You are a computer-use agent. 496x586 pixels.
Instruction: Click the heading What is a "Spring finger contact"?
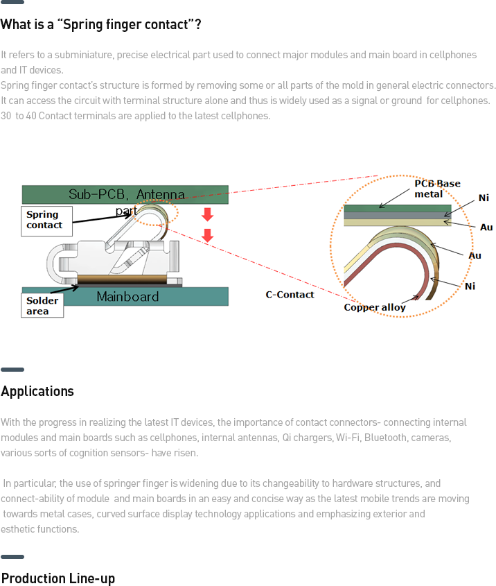click(x=101, y=25)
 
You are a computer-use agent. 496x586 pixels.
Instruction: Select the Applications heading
click(x=37, y=391)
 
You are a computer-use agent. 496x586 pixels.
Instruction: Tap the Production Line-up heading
click(x=58, y=578)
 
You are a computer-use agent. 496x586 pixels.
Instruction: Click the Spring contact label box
click(x=46, y=221)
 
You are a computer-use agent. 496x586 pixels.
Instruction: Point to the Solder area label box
click(x=42, y=306)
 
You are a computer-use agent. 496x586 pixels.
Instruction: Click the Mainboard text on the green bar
click(x=127, y=297)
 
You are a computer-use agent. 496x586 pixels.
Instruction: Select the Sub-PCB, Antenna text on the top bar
click(x=127, y=194)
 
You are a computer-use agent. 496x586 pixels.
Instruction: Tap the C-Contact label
click(x=290, y=295)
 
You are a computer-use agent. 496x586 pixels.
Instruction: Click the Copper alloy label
click(x=375, y=307)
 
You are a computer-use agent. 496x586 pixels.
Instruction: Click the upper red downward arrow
click(x=207, y=214)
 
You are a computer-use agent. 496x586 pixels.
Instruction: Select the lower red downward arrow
click(x=207, y=236)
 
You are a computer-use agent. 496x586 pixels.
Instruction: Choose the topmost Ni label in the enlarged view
click(x=484, y=198)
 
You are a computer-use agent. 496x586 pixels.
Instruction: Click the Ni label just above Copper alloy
click(x=470, y=286)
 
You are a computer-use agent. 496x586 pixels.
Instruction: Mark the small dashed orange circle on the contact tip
click(x=159, y=212)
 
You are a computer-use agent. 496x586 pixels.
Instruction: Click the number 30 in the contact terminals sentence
click(x=6, y=116)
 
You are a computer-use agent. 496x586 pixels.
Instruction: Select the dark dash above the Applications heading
click(x=12, y=370)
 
